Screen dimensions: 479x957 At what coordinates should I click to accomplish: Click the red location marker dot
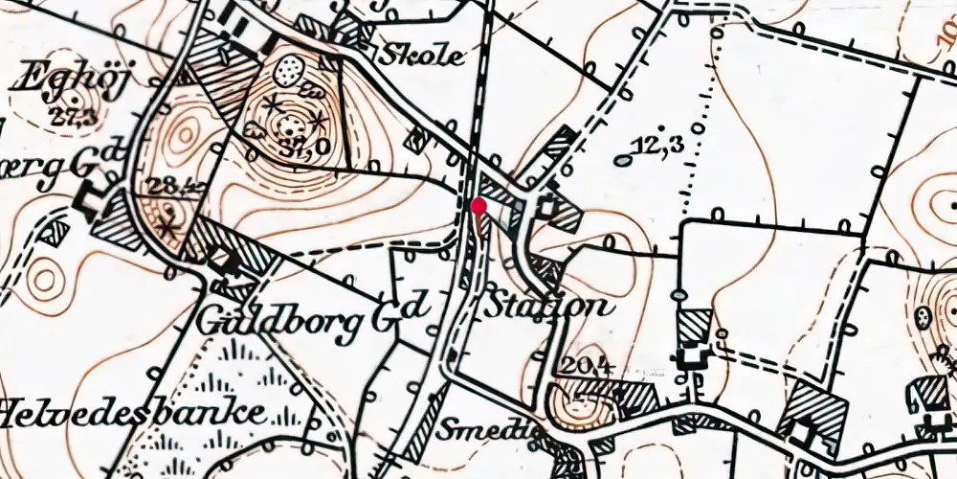tap(478, 205)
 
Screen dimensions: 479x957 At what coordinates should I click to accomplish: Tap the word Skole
tap(423, 57)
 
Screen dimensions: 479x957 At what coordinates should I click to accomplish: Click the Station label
tap(546, 308)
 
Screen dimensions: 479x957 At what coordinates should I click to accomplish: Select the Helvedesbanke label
tap(133, 414)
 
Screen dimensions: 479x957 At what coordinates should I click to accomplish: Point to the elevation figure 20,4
tap(581, 364)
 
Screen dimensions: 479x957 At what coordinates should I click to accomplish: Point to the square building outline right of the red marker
tap(548, 205)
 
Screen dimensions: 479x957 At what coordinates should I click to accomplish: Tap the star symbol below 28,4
tap(170, 228)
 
